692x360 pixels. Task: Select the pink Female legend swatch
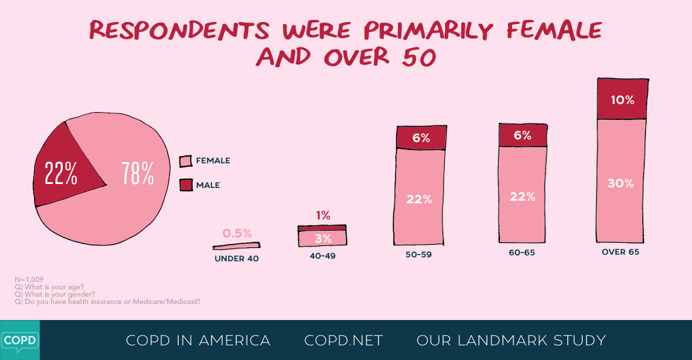pos(185,161)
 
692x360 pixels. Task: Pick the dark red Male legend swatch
pos(185,185)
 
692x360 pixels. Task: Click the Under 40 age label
pos(236,259)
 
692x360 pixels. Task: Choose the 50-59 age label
pos(419,254)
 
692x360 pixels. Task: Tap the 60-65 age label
pos(522,253)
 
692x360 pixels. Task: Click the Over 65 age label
pos(620,252)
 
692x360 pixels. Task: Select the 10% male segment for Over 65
pos(621,100)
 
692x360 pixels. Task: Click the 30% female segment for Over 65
pos(621,183)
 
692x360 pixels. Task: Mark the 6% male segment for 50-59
pos(421,138)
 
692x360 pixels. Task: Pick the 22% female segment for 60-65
pos(523,196)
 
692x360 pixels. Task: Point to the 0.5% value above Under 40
pos(237,233)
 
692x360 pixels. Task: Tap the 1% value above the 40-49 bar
pos(323,215)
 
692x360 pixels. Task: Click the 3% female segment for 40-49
pos(322,238)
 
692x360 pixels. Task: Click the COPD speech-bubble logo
pos(19,339)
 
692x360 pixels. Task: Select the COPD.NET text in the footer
pos(343,341)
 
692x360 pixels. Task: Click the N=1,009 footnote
pos(29,280)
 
